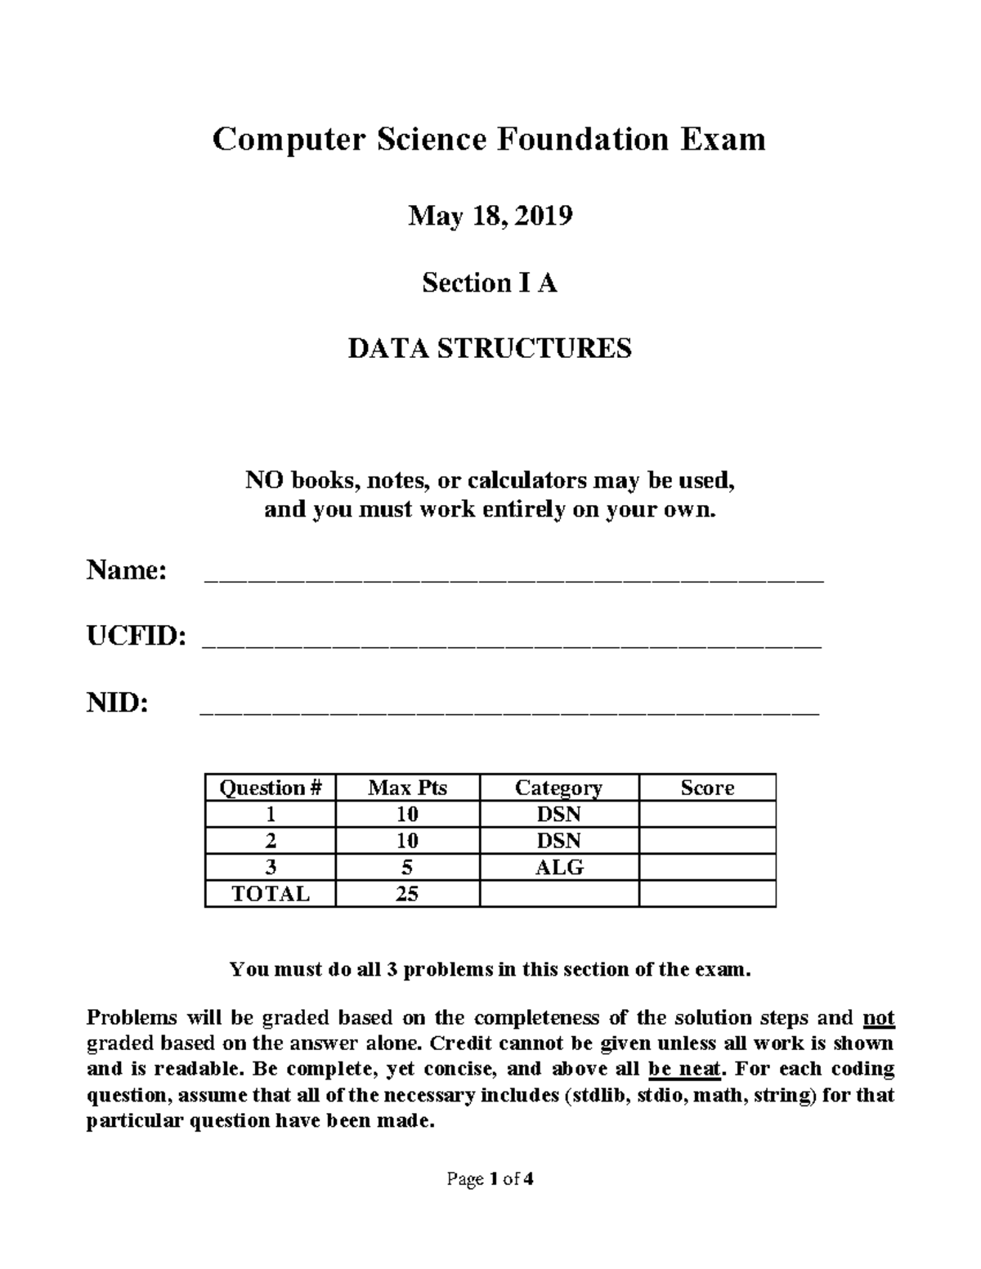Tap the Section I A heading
click(490, 283)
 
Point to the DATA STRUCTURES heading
click(490, 349)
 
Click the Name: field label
click(127, 570)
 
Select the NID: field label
click(118, 703)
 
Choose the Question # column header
click(271, 788)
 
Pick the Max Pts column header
click(407, 788)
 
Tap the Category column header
click(558, 788)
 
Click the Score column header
click(707, 788)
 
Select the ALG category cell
click(559, 867)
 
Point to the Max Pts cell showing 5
click(407, 867)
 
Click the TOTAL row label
click(271, 893)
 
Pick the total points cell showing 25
click(407, 893)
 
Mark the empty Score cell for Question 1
click(707, 815)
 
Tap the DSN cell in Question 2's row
click(559, 841)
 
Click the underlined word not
click(879, 1018)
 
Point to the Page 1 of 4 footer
click(490, 1179)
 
